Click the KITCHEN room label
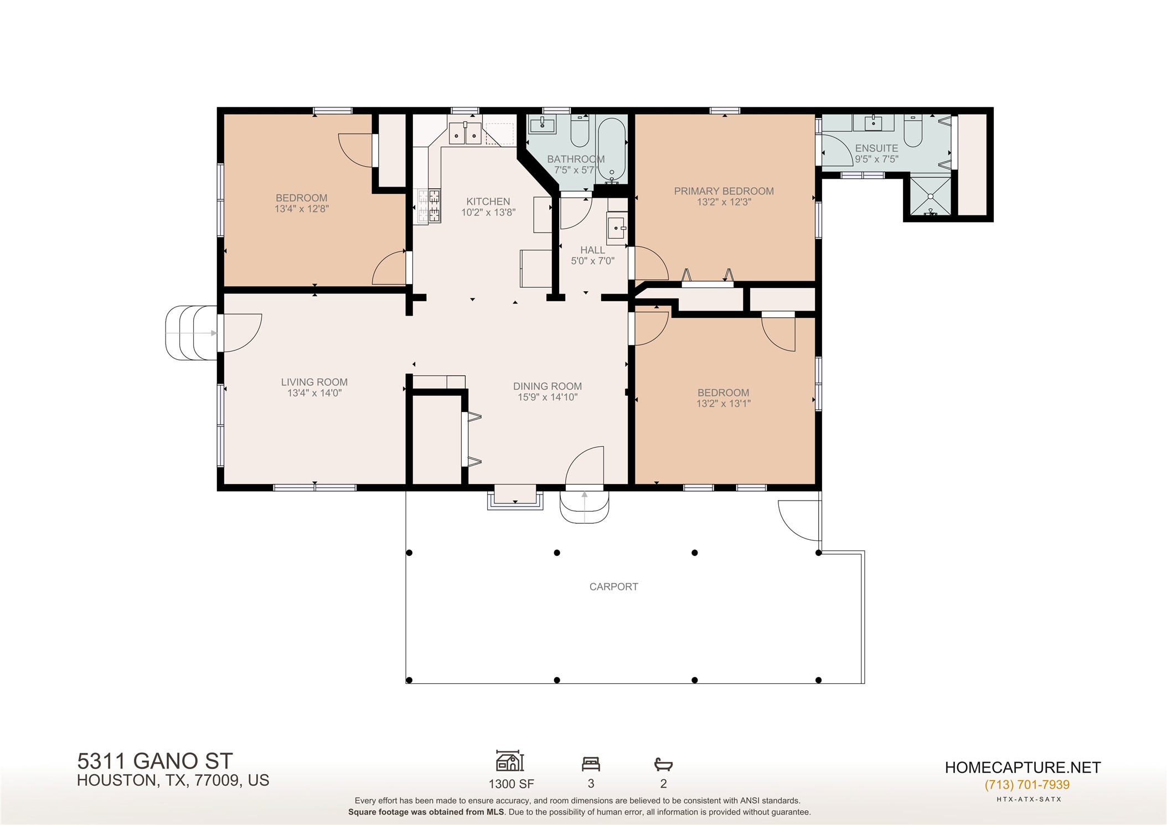(488, 202)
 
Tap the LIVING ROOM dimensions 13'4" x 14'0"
(314, 393)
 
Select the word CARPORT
(613, 587)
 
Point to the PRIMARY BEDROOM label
(724, 191)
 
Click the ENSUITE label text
(876, 148)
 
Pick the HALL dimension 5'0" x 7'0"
(592, 261)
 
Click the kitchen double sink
(465, 133)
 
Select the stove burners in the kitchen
(430, 206)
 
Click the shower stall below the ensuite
(930, 196)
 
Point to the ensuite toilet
(912, 132)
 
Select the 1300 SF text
(511, 783)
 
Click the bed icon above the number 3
(591, 765)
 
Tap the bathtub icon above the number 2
(663, 765)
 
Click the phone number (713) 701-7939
(1027, 785)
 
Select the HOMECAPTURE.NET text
(1023, 767)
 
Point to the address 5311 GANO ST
(154, 761)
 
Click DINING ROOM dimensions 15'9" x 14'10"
(548, 398)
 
